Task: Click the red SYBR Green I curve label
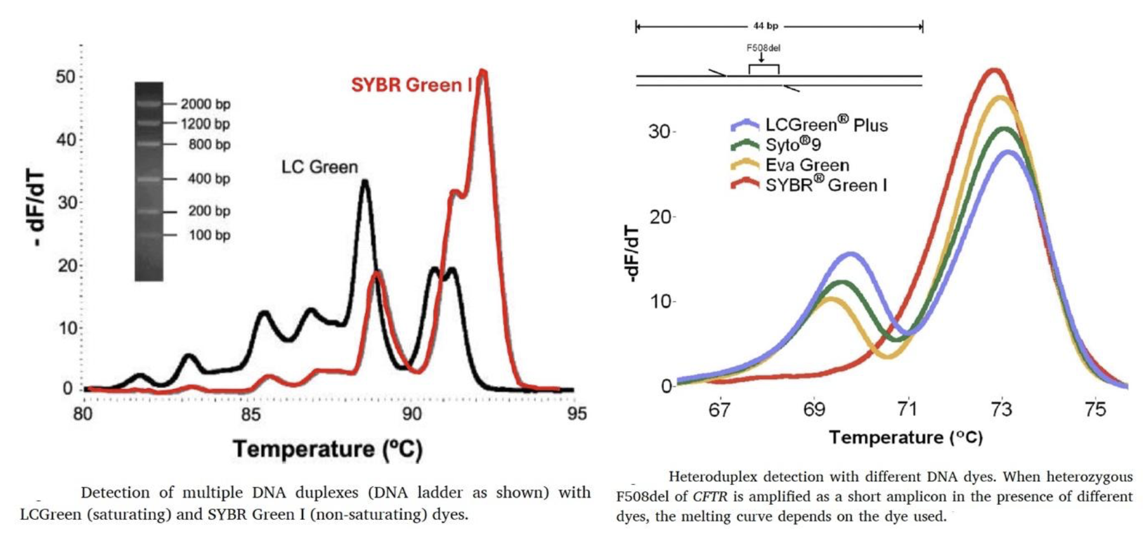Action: pyautogui.click(x=411, y=85)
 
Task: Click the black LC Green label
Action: pyautogui.click(x=320, y=167)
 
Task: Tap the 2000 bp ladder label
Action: pyautogui.click(x=205, y=104)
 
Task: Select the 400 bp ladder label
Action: pyautogui.click(x=209, y=179)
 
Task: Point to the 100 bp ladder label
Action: pyautogui.click(x=209, y=235)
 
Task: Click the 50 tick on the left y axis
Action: pyautogui.click(x=65, y=77)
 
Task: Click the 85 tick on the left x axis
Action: pyautogui.click(x=250, y=414)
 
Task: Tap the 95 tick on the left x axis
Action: pyautogui.click(x=576, y=414)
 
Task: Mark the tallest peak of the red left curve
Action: pyautogui.click(x=483, y=71)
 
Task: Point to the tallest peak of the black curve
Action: pyautogui.click(x=365, y=182)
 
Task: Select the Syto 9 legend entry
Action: pyautogui.click(x=793, y=145)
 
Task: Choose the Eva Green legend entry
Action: pyautogui.click(x=807, y=165)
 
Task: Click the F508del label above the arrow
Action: pyautogui.click(x=763, y=48)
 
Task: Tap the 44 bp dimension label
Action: pyautogui.click(x=765, y=26)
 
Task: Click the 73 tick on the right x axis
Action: pyautogui.click(x=1001, y=410)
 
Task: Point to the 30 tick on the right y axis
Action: pyautogui.click(x=660, y=131)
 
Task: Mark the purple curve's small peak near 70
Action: pyautogui.click(x=850, y=254)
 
